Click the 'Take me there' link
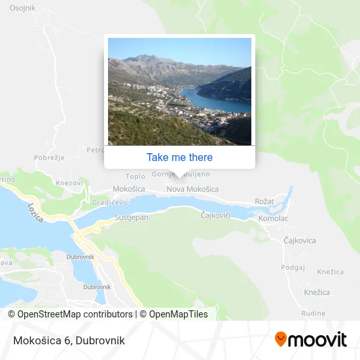(179, 157)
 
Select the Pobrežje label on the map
(48, 158)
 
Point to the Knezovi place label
(70, 183)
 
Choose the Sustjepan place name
(131, 217)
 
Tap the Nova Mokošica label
(192, 189)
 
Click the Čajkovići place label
(216, 214)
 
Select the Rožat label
(265, 202)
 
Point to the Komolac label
(273, 218)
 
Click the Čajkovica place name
(299, 241)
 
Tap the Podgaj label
(293, 267)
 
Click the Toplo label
(135, 176)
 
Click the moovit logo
(310, 340)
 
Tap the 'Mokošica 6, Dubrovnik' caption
(67, 340)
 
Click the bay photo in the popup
(179, 92)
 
